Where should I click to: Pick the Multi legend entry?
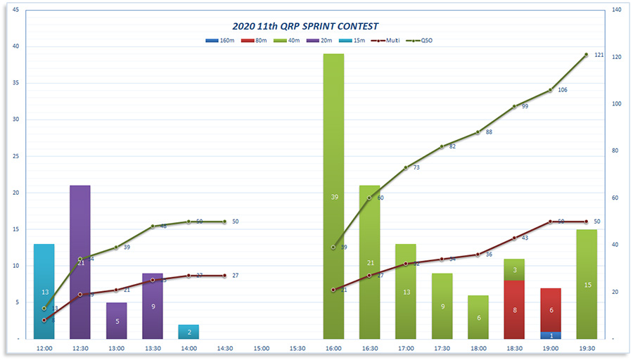pyautogui.click(x=390, y=41)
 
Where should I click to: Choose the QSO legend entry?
pyautogui.click(x=422, y=41)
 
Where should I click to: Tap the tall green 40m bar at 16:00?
pyautogui.click(x=333, y=196)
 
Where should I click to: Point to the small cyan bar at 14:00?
pyautogui.click(x=188, y=332)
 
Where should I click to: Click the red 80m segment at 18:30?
pyautogui.click(x=514, y=309)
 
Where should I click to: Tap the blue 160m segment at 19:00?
pyautogui.click(x=551, y=335)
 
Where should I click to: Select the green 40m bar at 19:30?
pyautogui.click(x=587, y=284)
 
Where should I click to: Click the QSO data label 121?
pyautogui.click(x=599, y=55)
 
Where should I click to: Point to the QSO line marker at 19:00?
pyautogui.click(x=551, y=90)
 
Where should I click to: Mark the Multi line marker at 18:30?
pyautogui.click(x=514, y=238)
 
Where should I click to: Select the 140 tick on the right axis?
pyautogui.click(x=617, y=10)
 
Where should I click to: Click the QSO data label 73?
pyautogui.click(x=416, y=167)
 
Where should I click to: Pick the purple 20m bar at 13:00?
pyautogui.click(x=116, y=321)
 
